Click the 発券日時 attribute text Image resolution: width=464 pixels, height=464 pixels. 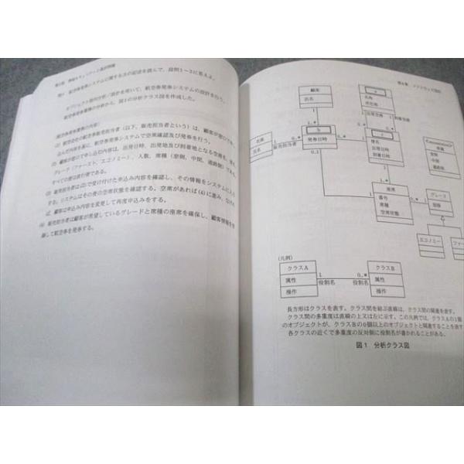tap(312, 136)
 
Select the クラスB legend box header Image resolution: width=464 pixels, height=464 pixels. tap(384, 266)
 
